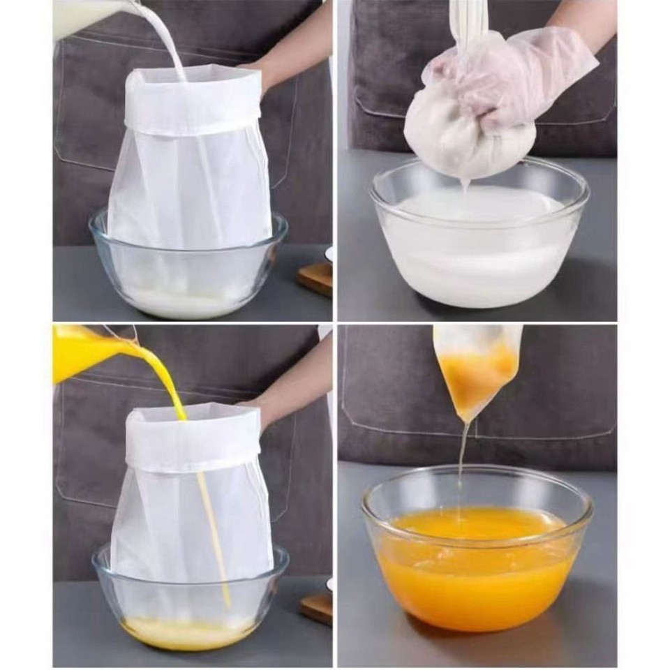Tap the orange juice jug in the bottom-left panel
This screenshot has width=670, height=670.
[x=84, y=352]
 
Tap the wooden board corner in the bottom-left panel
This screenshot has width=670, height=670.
[x=318, y=607]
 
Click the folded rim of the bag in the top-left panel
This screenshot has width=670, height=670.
[x=192, y=105]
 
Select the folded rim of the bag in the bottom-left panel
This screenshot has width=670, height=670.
[x=192, y=436]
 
